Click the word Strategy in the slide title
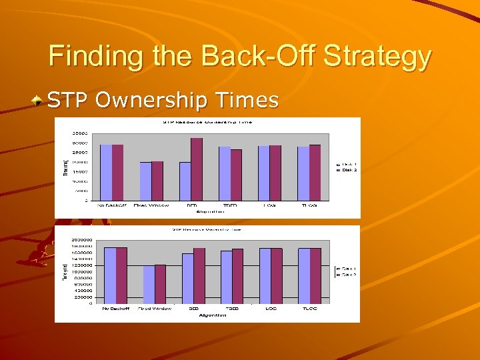tap(377, 57)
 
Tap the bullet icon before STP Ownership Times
tap(41, 101)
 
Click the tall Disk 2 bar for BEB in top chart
tap(197, 169)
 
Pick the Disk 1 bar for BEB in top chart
tap(185, 181)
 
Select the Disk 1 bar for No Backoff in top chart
tap(105, 172)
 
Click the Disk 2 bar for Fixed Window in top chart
tap(157, 181)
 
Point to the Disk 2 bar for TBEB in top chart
tap(236, 175)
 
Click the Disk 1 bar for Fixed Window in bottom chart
tap(149, 285)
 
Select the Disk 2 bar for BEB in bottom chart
tap(199, 276)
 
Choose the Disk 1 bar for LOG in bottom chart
tap(265, 276)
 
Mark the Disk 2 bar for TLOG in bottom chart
tap(315, 276)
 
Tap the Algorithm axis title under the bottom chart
tap(210, 314)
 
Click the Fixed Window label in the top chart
tap(151, 205)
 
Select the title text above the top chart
tap(209, 122)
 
